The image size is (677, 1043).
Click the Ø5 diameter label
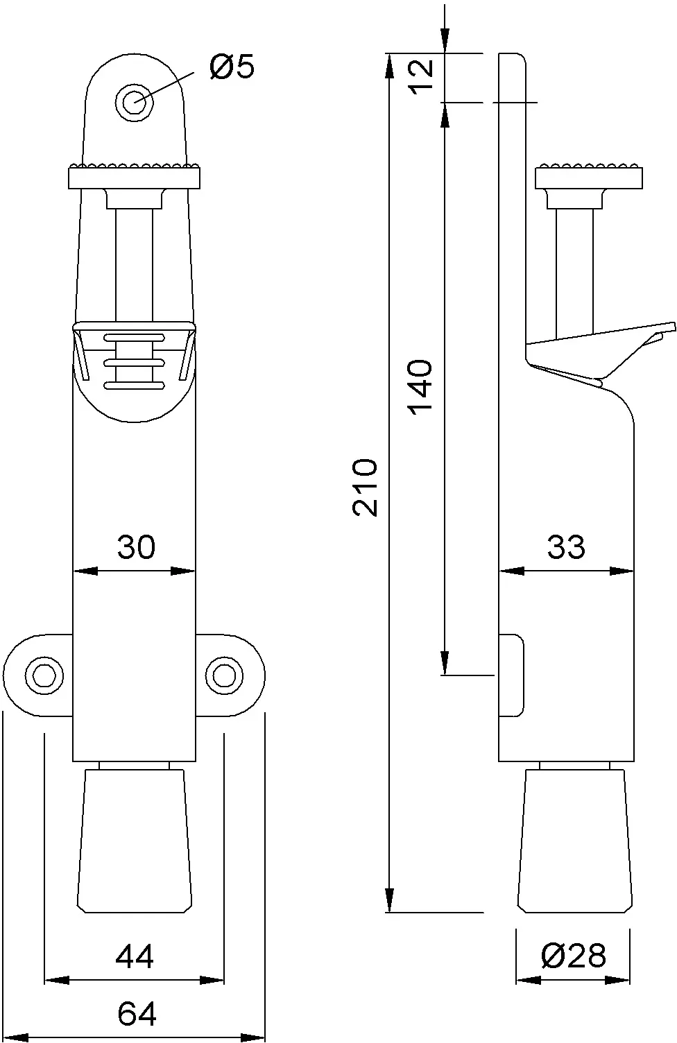tap(232, 67)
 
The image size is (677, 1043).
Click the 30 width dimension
tap(136, 546)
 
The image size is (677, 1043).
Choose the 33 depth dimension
tap(566, 546)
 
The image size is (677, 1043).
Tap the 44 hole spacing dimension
tap(134, 958)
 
